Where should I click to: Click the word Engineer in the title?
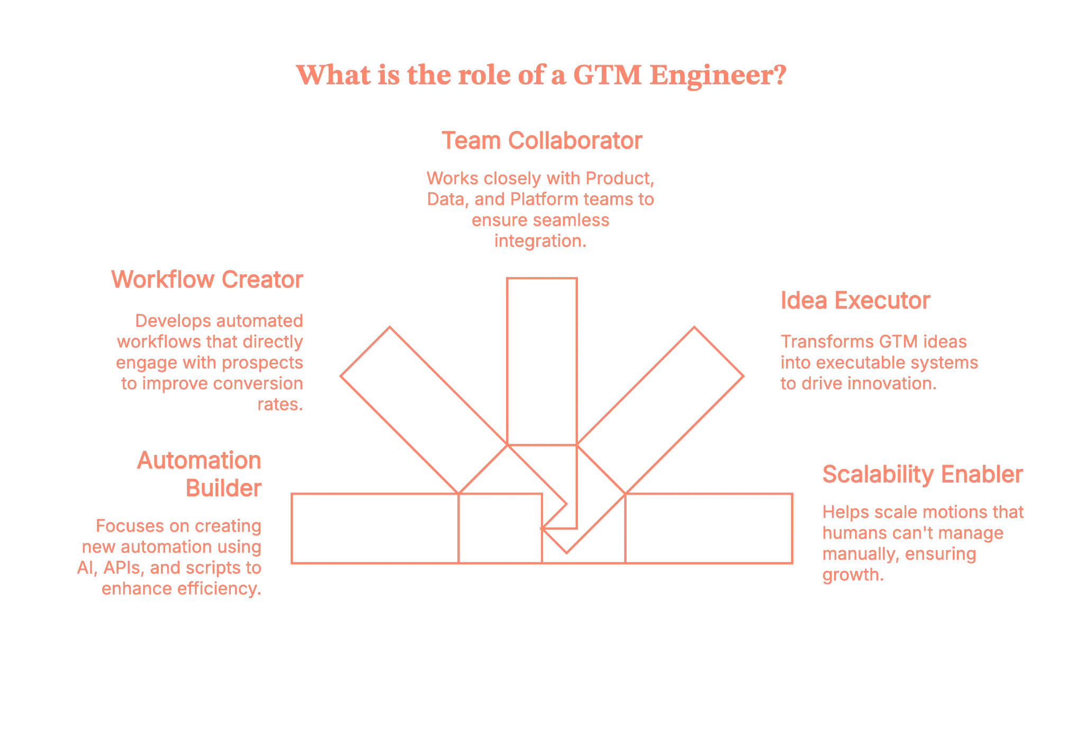click(718, 75)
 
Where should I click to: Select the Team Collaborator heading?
click(541, 141)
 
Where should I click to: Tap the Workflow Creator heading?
click(207, 279)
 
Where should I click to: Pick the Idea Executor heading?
click(855, 301)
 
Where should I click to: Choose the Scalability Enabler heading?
click(922, 474)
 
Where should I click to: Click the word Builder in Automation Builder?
click(223, 488)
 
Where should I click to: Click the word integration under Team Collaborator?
click(540, 241)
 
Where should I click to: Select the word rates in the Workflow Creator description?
click(281, 404)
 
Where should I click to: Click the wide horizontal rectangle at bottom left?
click(376, 528)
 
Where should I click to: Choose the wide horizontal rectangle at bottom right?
click(709, 528)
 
